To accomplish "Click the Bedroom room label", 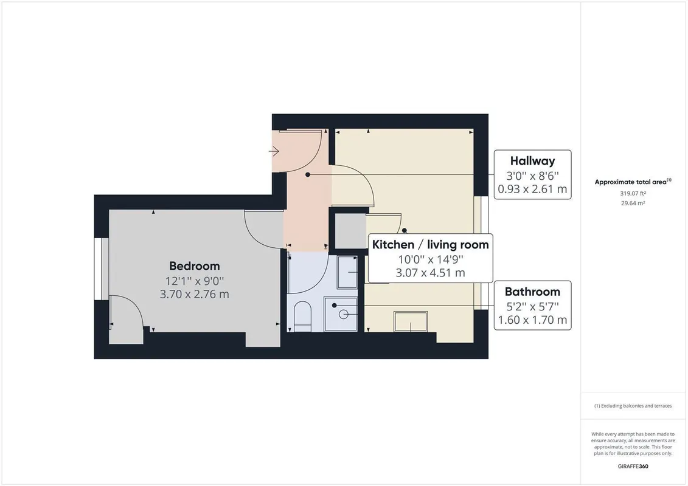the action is tap(195, 266).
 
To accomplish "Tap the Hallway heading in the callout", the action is tap(532, 161).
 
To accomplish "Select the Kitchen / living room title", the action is tap(430, 245).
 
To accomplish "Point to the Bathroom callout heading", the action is tap(532, 292).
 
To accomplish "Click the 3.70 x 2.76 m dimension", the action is tap(195, 294).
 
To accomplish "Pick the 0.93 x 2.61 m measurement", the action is tap(532, 190).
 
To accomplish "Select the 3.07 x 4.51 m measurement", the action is tap(430, 273).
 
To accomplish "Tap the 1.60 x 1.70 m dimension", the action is tap(532, 320).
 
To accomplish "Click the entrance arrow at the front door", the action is tap(274, 152).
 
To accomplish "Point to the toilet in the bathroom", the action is tap(302, 316).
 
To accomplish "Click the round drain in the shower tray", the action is tap(344, 314).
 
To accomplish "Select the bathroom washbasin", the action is tap(347, 272).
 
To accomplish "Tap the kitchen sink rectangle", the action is tap(411, 321).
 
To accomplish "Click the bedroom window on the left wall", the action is tap(102, 269).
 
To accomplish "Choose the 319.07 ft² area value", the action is tap(633, 193).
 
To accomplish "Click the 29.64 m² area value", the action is tap(633, 203).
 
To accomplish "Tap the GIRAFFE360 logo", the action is tap(633, 467).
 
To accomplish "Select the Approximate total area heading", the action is tap(633, 182).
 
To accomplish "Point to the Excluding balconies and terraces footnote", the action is tap(633, 406).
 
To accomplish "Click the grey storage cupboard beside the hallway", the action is tap(350, 231).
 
